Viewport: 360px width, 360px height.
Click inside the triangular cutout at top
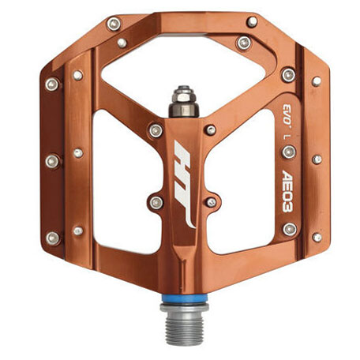pos(181,63)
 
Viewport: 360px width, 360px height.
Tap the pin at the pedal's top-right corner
pos(252,21)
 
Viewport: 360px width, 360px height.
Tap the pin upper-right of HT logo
pos(210,128)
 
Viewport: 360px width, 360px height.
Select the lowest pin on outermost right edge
pos(317,236)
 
